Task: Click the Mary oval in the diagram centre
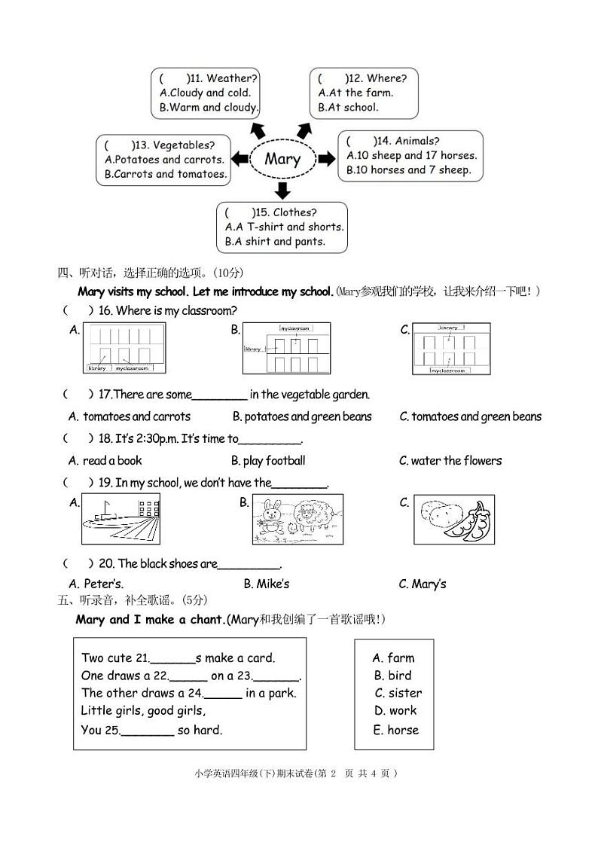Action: (282, 159)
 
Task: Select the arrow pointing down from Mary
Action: (283, 190)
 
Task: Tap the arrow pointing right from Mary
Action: (326, 159)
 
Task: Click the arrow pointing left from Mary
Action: (240, 159)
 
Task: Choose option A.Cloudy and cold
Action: (205, 93)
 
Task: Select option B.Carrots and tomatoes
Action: (165, 174)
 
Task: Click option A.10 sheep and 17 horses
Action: (411, 156)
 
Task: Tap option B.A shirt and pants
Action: (275, 242)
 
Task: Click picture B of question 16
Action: (286, 349)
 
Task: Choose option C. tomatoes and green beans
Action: (470, 416)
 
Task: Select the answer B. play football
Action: (268, 461)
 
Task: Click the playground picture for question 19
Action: (121, 519)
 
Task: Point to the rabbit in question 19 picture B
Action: (270, 515)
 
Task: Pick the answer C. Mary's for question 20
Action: (422, 584)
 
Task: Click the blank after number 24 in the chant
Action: (223, 694)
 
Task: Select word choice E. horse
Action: (395, 730)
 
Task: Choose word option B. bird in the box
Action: (392, 676)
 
